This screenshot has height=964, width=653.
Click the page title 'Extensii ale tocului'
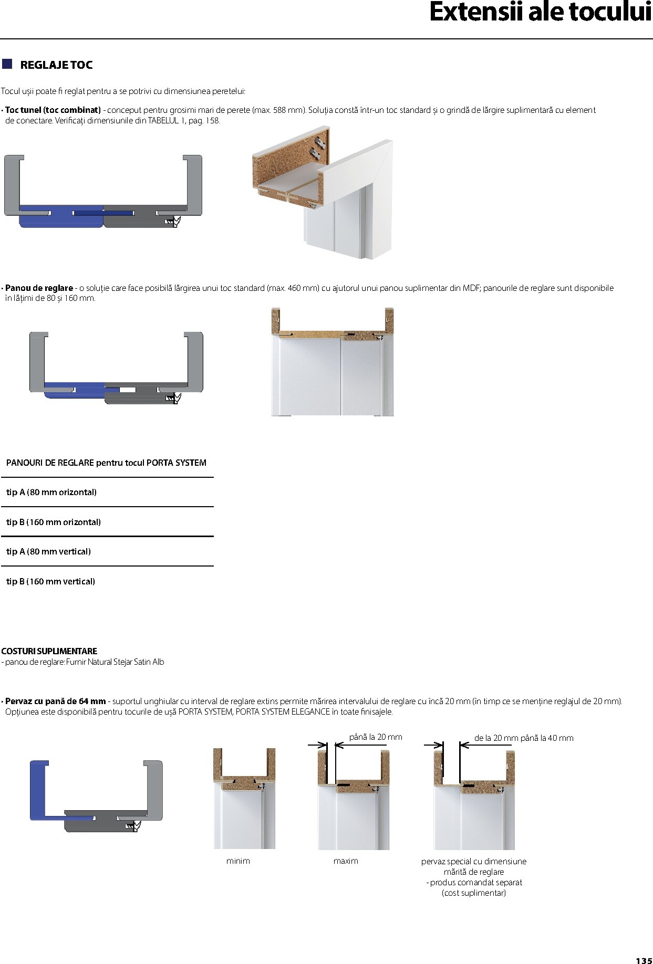(x=540, y=13)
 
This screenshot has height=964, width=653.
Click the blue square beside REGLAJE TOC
(x=7, y=64)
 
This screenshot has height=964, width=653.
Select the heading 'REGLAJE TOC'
(x=56, y=65)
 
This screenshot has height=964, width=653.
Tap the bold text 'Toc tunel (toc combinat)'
(x=53, y=110)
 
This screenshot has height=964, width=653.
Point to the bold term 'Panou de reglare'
(x=39, y=288)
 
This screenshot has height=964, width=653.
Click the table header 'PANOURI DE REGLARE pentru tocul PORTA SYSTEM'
(x=106, y=463)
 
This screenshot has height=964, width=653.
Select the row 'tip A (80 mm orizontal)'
(x=51, y=492)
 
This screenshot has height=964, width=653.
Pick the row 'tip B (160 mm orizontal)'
(x=54, y=522)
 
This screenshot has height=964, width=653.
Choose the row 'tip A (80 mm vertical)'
(x=48, y=551)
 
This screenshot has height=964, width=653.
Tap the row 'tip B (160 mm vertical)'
(x=50, y=581)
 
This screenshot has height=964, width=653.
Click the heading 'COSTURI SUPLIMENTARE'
(x=49, y=651)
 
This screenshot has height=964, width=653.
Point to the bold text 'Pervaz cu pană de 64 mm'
(x=56, y=701)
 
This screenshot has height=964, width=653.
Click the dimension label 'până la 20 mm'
(x=376, y=737)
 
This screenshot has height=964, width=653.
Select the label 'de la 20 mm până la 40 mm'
(x=524, y=738)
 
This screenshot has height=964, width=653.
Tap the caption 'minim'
(x=238, y=861)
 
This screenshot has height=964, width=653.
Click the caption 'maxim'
(x=346, y=861)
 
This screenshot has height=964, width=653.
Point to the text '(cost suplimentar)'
(x=474, y=893)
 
